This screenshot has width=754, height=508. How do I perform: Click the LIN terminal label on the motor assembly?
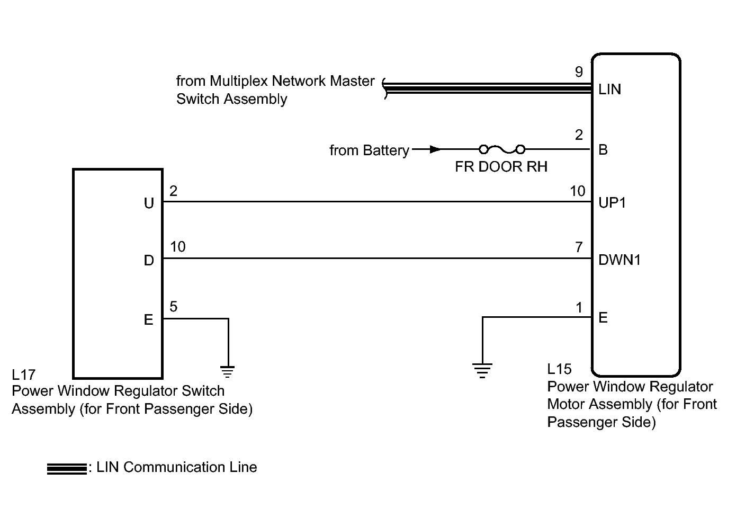(609, 89)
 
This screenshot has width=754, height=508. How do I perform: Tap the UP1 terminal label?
(612, 203)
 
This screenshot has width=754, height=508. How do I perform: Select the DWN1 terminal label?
(620, 260)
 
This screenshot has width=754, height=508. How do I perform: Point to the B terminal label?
(603, 149)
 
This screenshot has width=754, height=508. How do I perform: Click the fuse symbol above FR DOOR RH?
(502, 149)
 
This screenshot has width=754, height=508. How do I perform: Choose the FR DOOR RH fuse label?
(501, 166)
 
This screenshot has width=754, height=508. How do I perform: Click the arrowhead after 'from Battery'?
(435, 149)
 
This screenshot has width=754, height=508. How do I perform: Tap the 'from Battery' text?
(369, 150)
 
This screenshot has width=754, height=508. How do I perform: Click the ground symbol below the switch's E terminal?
(228, 372)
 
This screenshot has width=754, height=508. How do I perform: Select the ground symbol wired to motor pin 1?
(482, 370)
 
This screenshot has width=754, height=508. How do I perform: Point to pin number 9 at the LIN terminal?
(579, 72)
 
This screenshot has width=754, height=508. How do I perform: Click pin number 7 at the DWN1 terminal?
(579, 247)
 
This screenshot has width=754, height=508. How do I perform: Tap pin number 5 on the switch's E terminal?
(173, 306)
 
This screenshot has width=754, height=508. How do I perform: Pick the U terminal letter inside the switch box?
(149, 203)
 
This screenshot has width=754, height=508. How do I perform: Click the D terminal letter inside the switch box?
(149, 260)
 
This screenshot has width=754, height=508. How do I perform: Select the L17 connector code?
(23, 375)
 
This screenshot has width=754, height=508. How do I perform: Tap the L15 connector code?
(559, 369)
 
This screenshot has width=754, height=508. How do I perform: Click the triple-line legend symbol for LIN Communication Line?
(67, 469)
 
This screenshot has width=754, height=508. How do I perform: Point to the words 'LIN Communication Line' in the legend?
(177, 467)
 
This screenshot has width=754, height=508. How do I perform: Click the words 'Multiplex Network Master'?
(275, 81)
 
